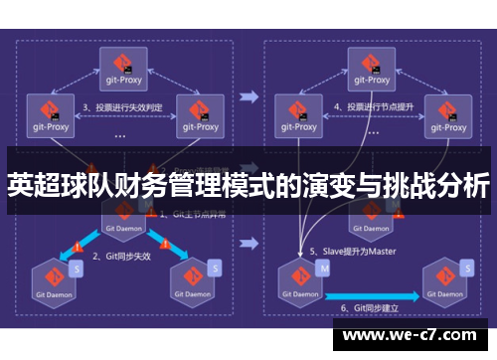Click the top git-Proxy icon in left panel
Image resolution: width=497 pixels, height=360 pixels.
click(123, 62)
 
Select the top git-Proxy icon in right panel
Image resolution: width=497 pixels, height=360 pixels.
click(375, 62)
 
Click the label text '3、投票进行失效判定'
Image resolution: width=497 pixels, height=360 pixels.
click(121, 106)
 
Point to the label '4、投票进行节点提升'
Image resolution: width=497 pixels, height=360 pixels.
click(374, 106)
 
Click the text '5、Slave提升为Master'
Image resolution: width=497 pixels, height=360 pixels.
click(352, 252)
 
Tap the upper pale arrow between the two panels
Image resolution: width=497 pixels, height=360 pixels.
click(249, 97)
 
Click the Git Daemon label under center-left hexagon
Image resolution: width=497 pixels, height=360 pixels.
click(124, 227)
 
